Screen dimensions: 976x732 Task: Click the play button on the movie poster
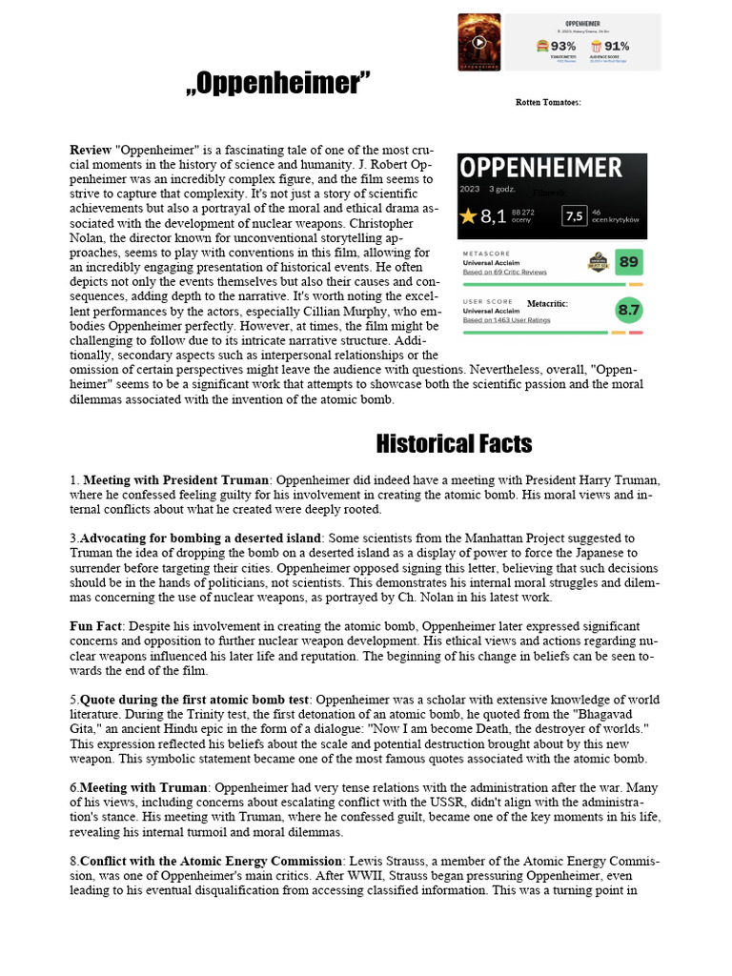point(479,42)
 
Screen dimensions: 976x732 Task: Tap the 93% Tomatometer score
point(562,46)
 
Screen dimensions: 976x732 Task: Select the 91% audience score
point(616,46)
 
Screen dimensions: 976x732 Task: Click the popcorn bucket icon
point(596,46)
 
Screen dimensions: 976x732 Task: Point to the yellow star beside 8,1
point(467,216)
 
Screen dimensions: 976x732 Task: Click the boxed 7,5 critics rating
point(574,216)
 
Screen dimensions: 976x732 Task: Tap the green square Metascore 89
point(629,261)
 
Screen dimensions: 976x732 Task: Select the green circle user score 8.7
point(629,310)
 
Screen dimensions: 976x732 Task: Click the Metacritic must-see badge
point(598,262)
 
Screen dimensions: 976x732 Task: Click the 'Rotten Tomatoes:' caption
point(548,102)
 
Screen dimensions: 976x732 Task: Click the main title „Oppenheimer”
point(277,85)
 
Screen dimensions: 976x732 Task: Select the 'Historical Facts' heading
point(454,443)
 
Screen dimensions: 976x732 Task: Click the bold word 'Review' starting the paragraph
point(91,151)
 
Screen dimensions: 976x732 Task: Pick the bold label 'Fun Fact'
point(96,626)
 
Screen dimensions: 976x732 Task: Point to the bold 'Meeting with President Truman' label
point(177,479)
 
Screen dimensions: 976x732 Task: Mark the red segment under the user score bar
point(636,333)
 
